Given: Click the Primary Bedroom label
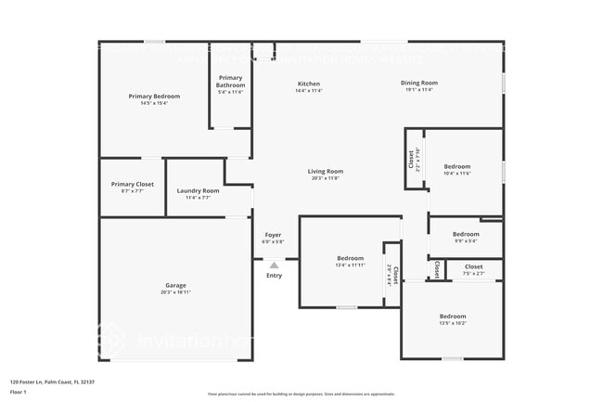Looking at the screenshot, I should click(x=154, y=96).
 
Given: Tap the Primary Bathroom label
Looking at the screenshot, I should click(x=230, y=81).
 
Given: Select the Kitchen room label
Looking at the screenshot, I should click(x=308, y=84).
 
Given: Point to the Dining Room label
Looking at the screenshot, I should click(x=419, y=83).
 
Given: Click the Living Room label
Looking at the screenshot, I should click(x=326, y=171).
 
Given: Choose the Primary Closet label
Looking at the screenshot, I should click(x=132, y=184).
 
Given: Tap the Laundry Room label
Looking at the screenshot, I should click(x=198, y=190).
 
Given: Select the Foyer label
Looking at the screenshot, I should click(x=273, y=235).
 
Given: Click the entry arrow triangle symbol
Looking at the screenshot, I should click(x=274, y=266).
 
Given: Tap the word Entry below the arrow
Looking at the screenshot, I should click(x=274, y=276).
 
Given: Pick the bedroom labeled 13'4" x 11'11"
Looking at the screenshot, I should click(x=350, y=258).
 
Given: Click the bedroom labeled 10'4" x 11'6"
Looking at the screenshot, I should click(x=456, y=166).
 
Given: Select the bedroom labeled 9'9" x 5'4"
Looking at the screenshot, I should click(x=466, y=234).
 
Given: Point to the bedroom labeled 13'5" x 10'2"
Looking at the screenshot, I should click(x=453, y=316).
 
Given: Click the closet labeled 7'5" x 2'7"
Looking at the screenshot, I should click(x=473, y=266).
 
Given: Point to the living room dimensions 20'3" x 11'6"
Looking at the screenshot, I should click(x=326, y=177).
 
